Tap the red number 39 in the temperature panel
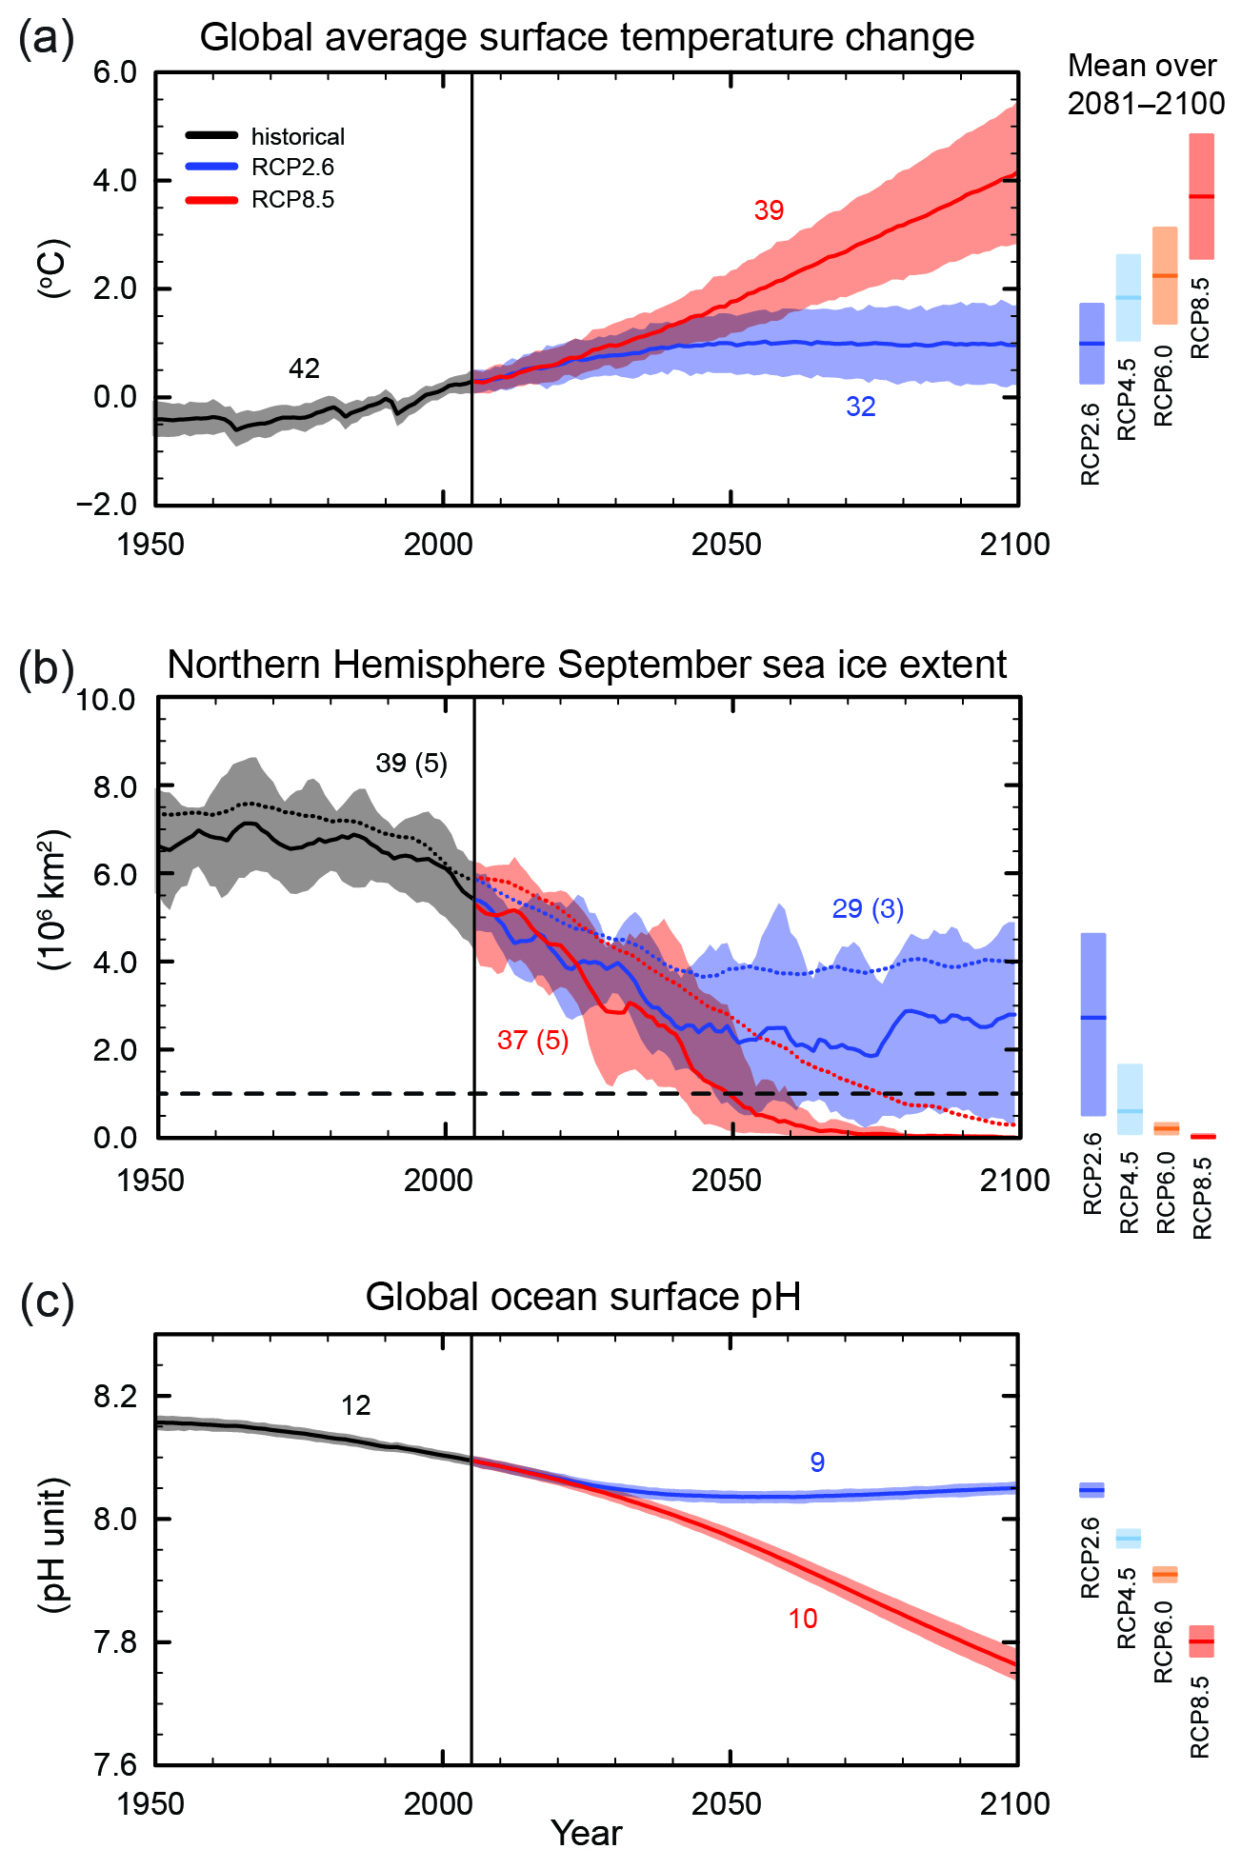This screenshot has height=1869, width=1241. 769,210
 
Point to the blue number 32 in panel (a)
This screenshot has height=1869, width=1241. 860,407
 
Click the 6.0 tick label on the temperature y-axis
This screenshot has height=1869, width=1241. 114,72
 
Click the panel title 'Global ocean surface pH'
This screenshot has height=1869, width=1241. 582,1296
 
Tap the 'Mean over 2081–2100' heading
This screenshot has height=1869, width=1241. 1144,84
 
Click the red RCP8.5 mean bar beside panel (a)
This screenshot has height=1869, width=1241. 1201,196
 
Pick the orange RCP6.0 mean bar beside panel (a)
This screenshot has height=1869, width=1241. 1165,275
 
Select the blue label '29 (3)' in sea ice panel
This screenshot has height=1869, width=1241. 867,908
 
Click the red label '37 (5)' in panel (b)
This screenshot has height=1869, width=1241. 532,1040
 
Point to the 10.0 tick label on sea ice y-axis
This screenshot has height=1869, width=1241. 106,700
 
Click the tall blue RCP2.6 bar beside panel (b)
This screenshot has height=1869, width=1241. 1093,1024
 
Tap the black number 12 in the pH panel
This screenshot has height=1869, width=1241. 355,1405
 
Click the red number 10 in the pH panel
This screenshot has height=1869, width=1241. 802,1619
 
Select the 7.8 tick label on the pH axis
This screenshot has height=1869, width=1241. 114,1642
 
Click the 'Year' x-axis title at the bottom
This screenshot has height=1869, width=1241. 586,1833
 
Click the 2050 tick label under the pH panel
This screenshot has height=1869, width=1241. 727,1803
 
